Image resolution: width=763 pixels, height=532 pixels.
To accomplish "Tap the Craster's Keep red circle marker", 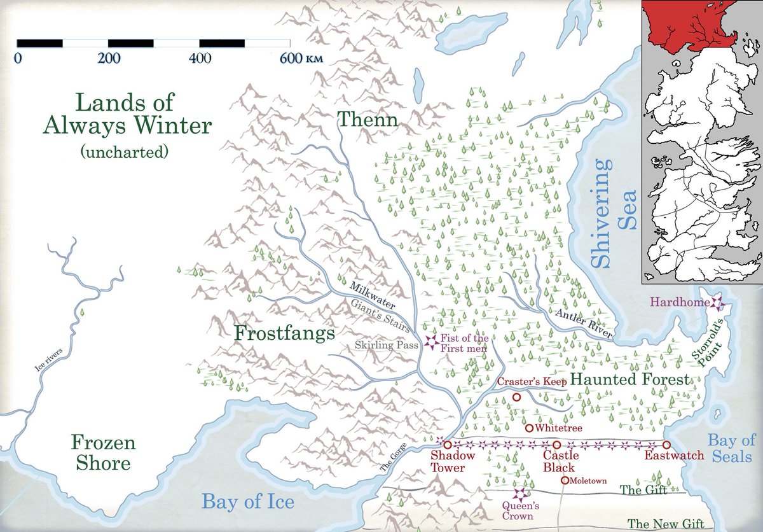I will click(516, 397).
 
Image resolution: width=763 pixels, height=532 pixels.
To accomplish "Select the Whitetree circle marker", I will click(528, 428).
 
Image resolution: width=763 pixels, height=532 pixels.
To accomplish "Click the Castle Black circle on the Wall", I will click(557, 445).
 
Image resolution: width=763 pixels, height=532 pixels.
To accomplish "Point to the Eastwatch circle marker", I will click(666, 445).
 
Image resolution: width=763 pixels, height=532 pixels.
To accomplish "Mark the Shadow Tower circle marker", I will click(447, 445).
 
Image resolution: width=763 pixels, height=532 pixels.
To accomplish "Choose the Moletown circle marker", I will click(565, 480).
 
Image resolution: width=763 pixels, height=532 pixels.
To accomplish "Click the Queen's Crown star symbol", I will click(521, 494).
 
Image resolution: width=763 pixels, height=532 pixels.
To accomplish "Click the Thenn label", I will click(368, 119).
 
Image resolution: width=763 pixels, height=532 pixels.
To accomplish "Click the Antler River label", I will click(583, 324).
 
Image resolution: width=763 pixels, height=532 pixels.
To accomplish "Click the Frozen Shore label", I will click(103, 452).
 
